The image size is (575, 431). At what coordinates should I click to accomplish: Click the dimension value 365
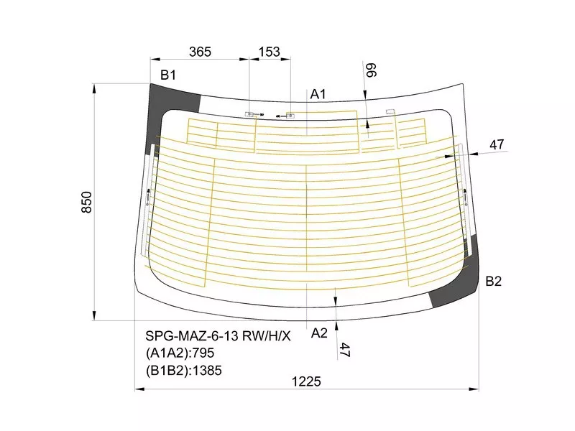click(200, 52)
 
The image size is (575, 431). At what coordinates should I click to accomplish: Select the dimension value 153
click(269, 52)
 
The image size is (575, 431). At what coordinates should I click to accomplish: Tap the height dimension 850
click(86, 202)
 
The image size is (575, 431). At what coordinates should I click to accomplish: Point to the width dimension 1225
click(306, 381)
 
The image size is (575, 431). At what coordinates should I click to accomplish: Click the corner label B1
click(168, 75)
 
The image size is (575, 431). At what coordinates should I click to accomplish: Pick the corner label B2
click(493, 281)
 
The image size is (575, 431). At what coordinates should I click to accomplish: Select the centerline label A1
click(318, 94)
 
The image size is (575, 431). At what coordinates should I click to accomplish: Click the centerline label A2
click(318, 333)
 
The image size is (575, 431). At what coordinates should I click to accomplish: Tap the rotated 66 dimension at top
click(371, 70)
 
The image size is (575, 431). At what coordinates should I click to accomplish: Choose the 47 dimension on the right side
click(497, 145)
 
